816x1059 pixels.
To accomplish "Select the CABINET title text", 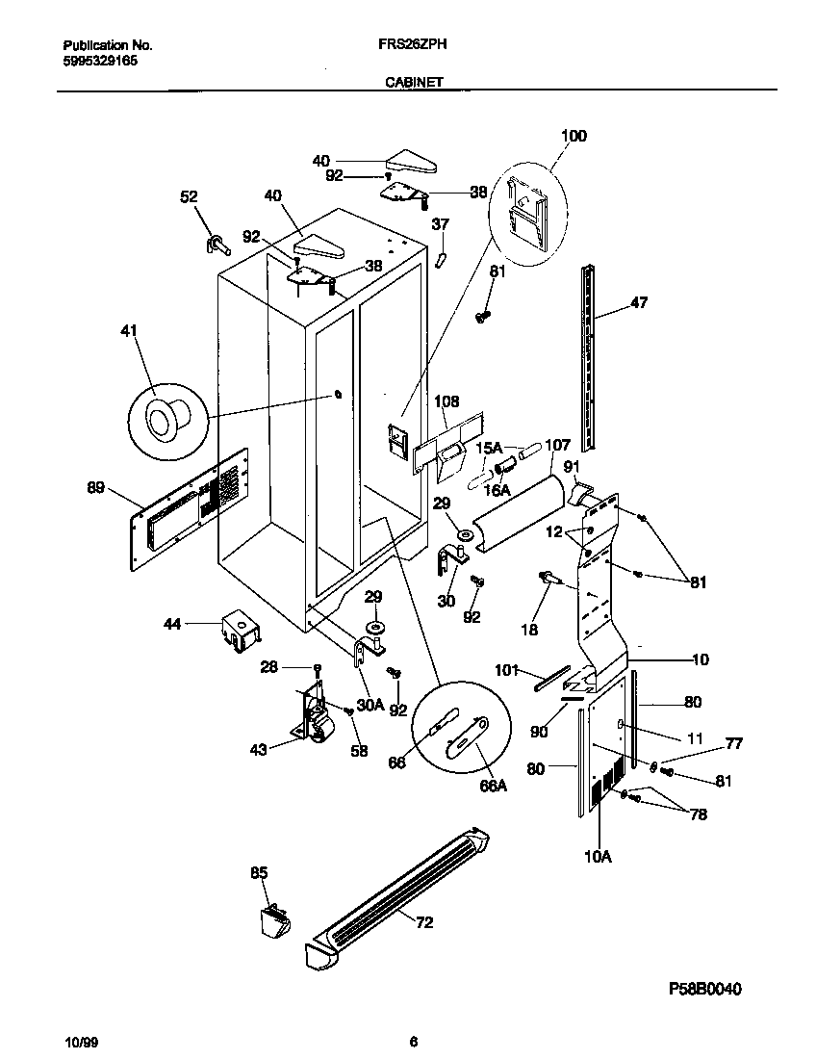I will (x=414, y=83).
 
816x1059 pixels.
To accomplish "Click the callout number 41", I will (x=129, y=331).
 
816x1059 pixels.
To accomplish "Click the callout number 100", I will (x=574, y=136).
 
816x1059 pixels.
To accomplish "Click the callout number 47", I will (x=639, y=302).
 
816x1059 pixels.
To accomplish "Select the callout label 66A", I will (x=493, y=785).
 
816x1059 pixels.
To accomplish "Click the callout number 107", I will (x=558, y=445).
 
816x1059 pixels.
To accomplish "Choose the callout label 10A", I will (x=598, y=853).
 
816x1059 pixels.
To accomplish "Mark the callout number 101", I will (x=507, y=668).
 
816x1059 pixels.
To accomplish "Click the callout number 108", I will (x=446, y=401).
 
